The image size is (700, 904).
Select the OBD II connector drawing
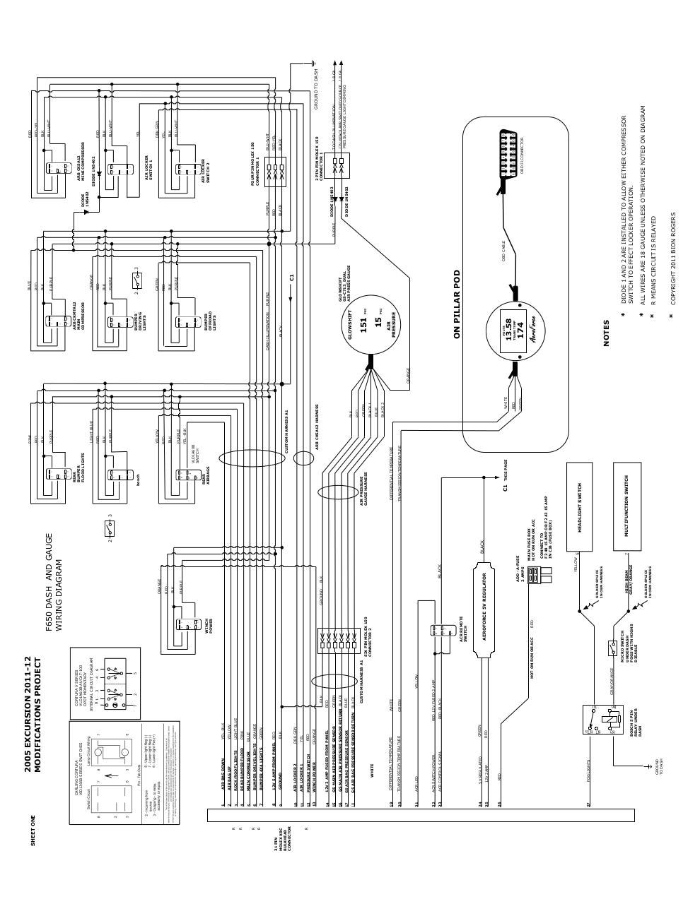pos(507,160)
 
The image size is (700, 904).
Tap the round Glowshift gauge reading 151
pos(369,326)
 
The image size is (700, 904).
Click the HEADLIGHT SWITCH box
pos(581,506)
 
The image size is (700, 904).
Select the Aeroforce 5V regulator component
pos(484,610)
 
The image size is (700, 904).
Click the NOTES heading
pos(606,333)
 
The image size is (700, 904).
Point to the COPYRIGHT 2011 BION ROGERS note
pos(673,258)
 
